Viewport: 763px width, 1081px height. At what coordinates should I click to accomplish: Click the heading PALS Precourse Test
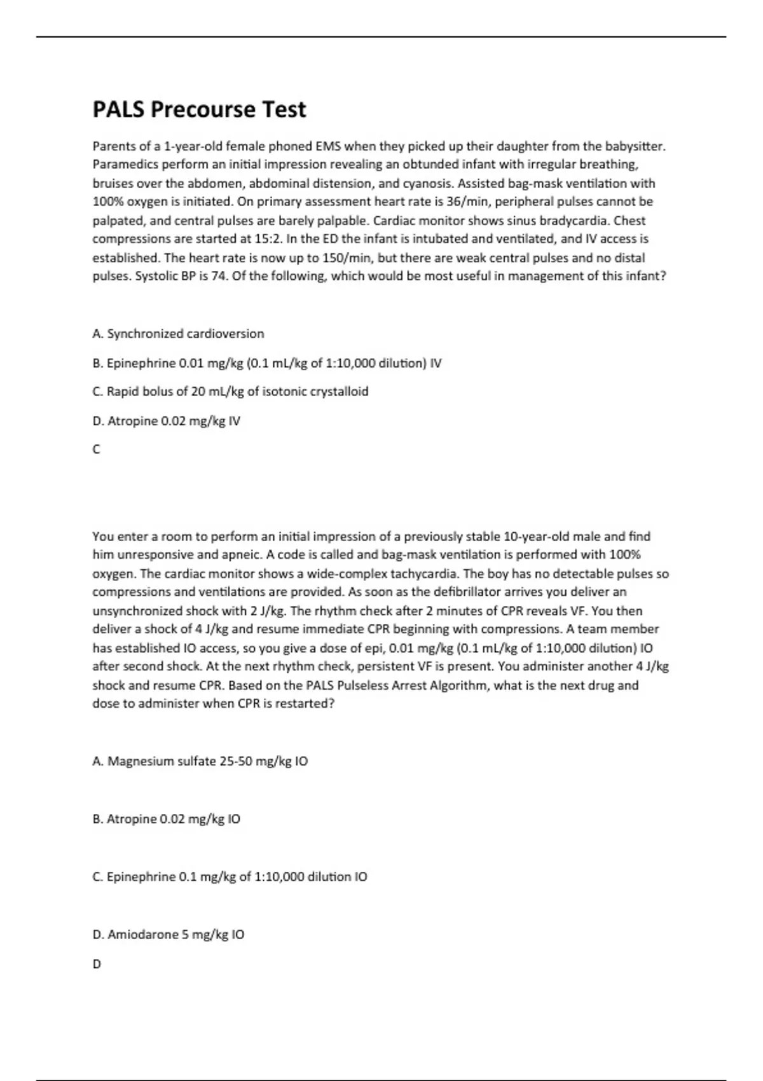pyautogui.click(x=199, y=110)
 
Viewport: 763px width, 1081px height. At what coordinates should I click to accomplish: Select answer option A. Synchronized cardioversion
pyautogui.click(x=178, y=334)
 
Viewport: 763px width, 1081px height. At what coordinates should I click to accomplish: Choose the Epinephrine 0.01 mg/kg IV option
pyautogui.click(x=266, y=363)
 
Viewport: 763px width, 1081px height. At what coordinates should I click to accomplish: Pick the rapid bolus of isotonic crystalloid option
pyautogui.click(x=230, y=392)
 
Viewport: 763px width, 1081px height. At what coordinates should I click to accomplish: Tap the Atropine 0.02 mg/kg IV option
pyautogui.click(x=166, y=421)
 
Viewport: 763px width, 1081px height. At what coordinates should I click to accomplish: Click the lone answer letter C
pyautogui.click(x=97, y=450)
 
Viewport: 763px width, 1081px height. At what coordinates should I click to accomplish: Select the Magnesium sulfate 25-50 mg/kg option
pyautogui.click(x=200, y=761)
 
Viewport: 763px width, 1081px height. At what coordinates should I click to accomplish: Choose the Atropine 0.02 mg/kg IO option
pyautogui.click(x=166, y=819)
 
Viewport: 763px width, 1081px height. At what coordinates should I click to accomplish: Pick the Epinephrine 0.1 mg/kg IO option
pyautogui.click(x=230, y=877)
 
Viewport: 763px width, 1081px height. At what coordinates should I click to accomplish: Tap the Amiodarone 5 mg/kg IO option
pyautogui.click(x=168, y=935)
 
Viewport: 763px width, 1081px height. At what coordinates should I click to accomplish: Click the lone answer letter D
pyautogui.click(x=97, y=964)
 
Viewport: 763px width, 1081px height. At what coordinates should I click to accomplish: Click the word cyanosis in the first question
pyautogui.click(x=427, y=183)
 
